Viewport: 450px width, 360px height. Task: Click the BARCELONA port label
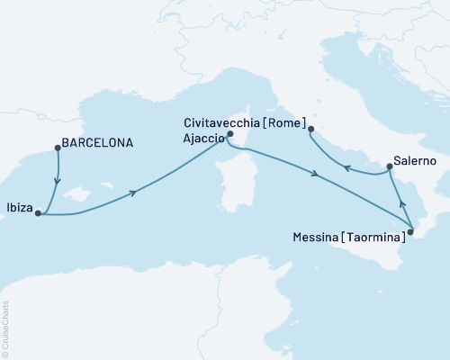[98, 142]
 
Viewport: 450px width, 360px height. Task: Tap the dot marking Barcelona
[58, 148]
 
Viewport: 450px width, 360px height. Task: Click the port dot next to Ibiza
[39, 214]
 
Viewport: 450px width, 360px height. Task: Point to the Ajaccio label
[202, 136]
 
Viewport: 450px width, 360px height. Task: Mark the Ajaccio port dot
[230, 135]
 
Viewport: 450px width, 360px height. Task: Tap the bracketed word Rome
[288, 122]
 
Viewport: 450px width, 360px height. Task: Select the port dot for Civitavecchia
[310, 130]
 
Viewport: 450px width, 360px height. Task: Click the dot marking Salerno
[389, 166]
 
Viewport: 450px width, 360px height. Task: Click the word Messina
[317, 238]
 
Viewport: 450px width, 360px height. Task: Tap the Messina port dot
[410, 232]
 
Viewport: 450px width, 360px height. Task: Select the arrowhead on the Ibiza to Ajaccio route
[134, 193]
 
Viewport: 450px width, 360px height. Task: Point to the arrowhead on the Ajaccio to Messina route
[315, 174]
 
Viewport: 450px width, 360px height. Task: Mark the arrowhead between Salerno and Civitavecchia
[346, 165]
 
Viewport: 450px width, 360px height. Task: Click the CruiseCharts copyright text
[5, 328]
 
